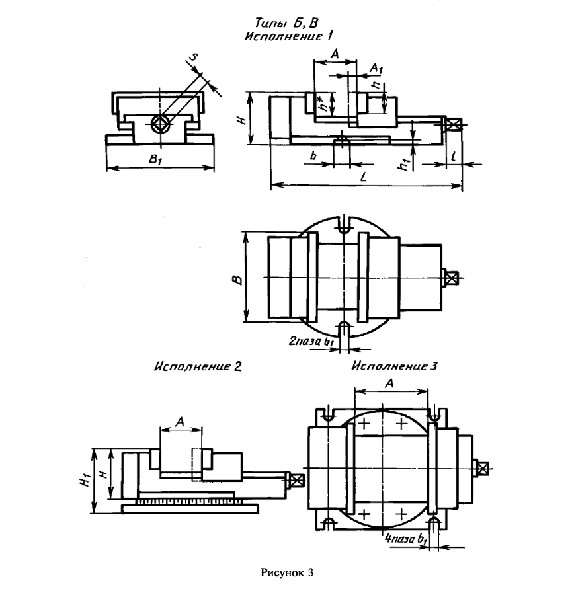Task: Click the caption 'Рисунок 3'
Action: click(x=286, y=573)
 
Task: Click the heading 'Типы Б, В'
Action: click(x=286, y=23)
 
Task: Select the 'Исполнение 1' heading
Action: click(x=289, y=36)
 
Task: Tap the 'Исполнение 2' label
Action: click(x=198, y=366)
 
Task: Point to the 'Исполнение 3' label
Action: click(x=394, y=366)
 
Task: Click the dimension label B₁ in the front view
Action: click(x=155, y=159)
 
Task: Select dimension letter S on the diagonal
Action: click(x=193, y=58)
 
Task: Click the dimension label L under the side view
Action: click(x=364, y=177)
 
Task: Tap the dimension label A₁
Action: click(x=376, y=68)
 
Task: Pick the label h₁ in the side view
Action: click(x=404, y=165)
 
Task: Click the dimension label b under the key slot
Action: click(x=313, y=155)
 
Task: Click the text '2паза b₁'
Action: click(x=311, y=342)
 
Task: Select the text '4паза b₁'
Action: click(x=406, y=539)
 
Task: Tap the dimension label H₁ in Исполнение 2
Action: click(x=87, y=481)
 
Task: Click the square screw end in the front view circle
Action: click(x=161, y=123)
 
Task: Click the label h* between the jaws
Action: click(x=321, y=103)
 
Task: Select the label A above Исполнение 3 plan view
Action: click(x=389, y=383)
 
